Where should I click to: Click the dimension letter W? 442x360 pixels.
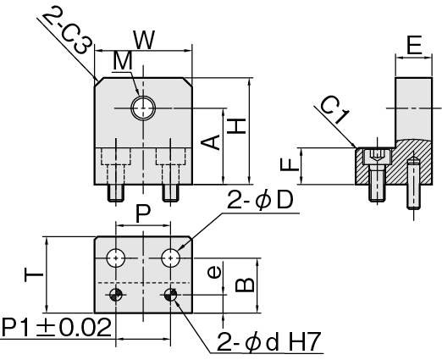[x=145, y=40]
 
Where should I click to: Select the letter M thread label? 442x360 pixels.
[x=122, y=61]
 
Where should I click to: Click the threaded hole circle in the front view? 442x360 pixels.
[x=143, y=108]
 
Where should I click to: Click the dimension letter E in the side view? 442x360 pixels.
[x=414, y=45]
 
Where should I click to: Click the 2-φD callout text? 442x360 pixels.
[x=260, y=200]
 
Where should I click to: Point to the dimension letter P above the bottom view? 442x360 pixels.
[x=143, y=214]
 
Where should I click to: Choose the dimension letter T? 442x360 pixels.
[x=34, y=274]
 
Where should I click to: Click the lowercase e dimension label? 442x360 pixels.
[x=213, y=273]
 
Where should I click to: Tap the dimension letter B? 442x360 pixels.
[x=245, y=285]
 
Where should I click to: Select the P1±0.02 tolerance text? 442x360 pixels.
[x=57, y=328]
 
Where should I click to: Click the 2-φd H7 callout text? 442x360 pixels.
[x=269, y=342]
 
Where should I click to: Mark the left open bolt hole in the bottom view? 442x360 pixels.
[x=116, y=258]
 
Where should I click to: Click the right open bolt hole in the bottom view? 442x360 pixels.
[x=171, y=258]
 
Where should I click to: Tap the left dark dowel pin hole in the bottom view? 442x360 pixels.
[x=116, y=295]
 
